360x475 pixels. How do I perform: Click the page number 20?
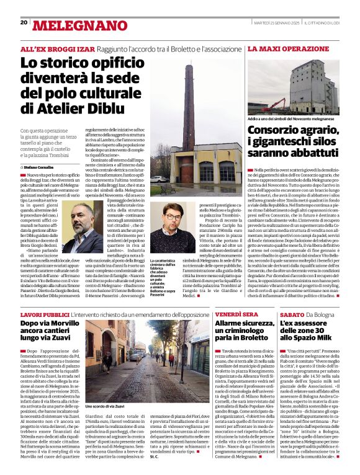pyautogui.click(x=24, y=22)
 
